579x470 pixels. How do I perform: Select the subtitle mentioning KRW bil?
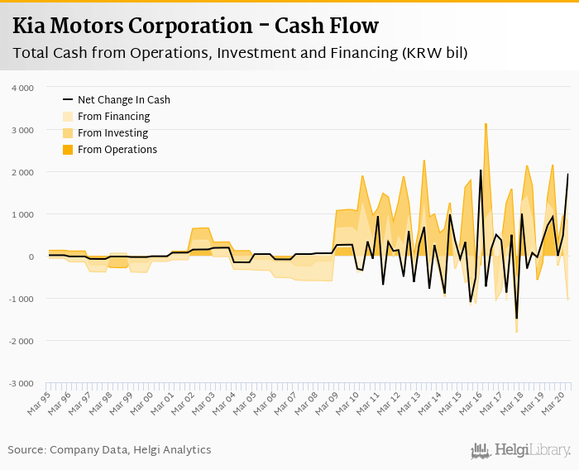point(240,54)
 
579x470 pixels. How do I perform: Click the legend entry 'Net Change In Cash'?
point(123,100)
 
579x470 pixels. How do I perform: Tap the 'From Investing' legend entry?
point(112,133)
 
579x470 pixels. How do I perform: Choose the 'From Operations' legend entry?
point(117,150)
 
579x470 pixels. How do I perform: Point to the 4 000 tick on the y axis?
point(22,88)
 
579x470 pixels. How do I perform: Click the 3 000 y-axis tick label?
point(22,130)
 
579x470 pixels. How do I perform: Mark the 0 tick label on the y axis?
point(31,257)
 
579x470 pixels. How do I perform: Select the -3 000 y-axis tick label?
point(21,383)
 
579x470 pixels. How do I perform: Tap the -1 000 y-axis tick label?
point(21,299)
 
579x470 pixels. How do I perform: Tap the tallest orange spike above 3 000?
point(486,124)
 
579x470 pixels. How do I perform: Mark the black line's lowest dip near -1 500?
point(516,318)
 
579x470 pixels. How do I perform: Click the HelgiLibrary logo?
point(520,450)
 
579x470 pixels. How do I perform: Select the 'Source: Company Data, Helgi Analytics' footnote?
point(109,450)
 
